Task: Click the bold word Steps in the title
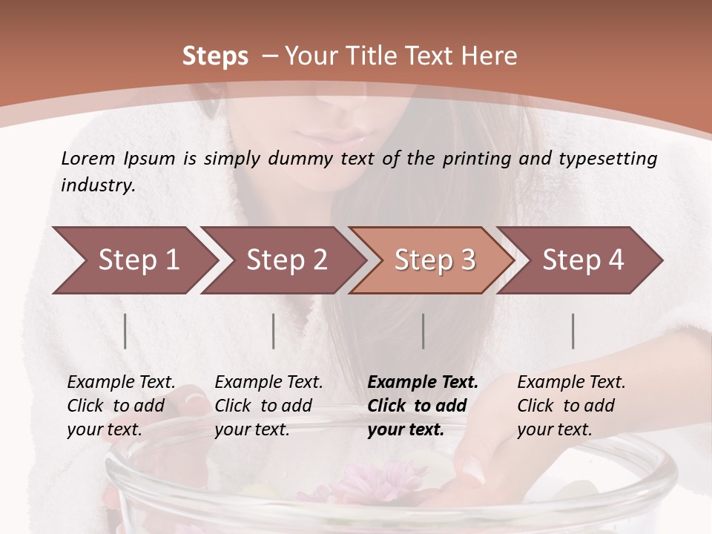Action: coord(215,56)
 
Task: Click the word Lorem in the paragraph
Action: coord(88,158)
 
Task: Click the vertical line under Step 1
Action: coord(125,331)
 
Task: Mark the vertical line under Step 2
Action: coord(274,331)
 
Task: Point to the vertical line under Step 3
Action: coord(423,331)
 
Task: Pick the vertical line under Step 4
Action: coord(573,331)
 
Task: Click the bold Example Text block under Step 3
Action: coord(422,406)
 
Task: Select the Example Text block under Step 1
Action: coord(121,406)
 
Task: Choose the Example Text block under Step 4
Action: coord(571,406)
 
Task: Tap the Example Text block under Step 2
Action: coord(268,406)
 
